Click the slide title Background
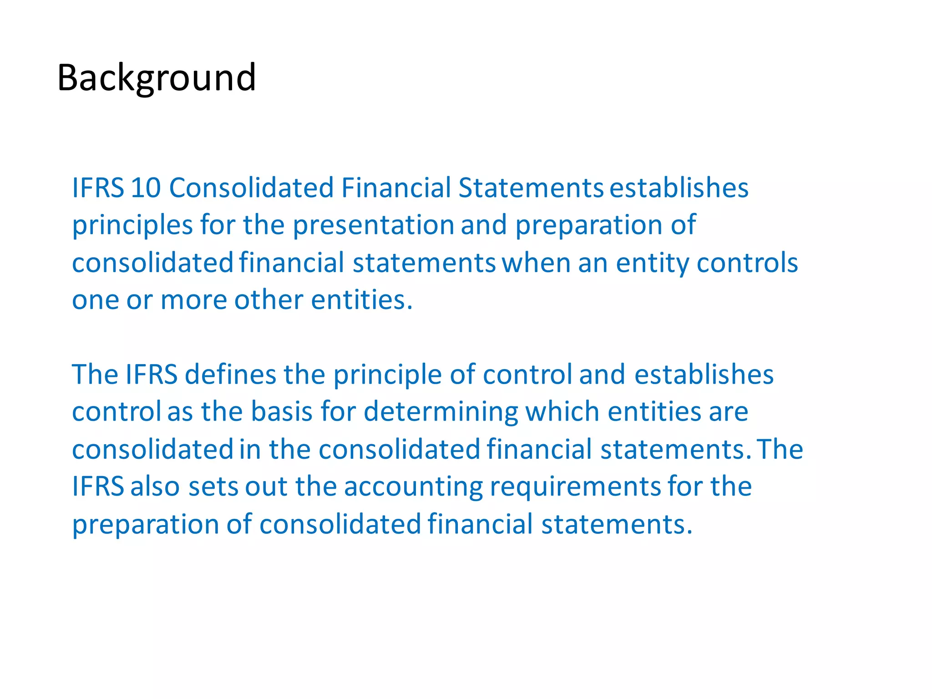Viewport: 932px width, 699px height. click(x=156, y=78)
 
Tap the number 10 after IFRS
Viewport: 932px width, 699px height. click(x=146, y=187)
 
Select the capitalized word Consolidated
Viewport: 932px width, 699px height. click(x=251, y=187)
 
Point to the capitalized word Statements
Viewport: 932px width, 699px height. click(x=531, y=187)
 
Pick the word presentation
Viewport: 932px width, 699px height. click(x=373, y=225)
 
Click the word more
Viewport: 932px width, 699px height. click(x=193, y=300)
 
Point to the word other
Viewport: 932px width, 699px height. click(x=268, y=300)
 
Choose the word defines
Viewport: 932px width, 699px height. click(x=230, y=375)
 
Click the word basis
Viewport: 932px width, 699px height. click(x=281, y=412)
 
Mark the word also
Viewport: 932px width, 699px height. click(x=156, y=486)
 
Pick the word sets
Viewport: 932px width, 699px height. click(x=213, y=486)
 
